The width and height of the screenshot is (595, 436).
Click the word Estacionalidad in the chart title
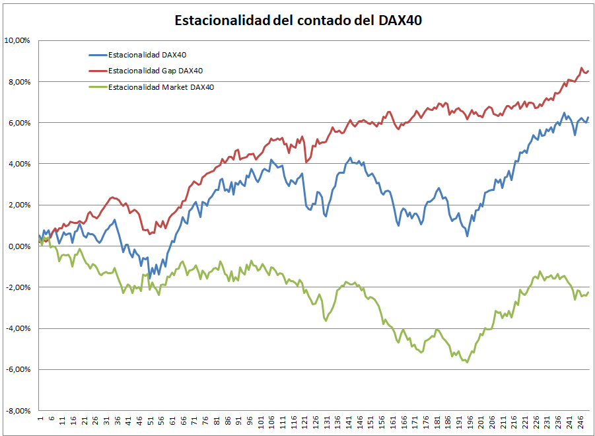[222, 20]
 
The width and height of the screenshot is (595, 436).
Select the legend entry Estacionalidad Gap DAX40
[155, 71]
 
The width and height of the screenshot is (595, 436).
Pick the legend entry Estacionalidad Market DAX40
[160, 87]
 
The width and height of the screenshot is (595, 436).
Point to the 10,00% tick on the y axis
[17, 40]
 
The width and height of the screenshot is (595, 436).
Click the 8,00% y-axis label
[18, 82]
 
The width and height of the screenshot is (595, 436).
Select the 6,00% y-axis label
[18, 123]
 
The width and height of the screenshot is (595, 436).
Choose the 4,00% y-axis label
[18, 164]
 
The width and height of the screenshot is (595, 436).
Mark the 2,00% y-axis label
[18, 205]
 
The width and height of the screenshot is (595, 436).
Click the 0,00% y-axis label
[18, 246]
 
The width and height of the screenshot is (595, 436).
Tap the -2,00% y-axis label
[18, 287]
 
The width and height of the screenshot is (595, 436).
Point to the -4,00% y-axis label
[18, 328]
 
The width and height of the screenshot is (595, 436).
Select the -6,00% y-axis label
[18, 369]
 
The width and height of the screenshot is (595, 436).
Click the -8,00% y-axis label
[18, 411]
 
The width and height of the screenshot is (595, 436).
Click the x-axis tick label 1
[40, 419]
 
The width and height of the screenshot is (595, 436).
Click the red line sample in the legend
[97, 71]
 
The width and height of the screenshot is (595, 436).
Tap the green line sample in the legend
[97, 87]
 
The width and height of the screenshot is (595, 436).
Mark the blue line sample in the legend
[97, 55]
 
